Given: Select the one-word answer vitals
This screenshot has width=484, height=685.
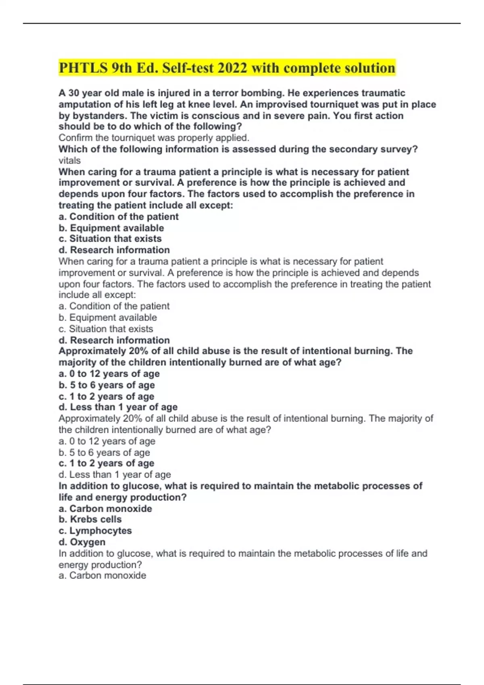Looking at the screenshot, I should tap(69, 160).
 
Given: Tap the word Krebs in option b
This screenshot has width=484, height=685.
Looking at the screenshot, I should tap(84, 519).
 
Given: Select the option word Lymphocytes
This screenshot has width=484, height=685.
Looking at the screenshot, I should tap(100, 531).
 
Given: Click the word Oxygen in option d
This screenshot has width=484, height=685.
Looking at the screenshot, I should tap(88, 542).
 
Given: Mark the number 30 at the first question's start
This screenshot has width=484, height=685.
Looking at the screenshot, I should tap(73, 93).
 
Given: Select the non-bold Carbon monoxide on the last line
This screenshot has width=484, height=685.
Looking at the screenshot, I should tap(108, 575).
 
